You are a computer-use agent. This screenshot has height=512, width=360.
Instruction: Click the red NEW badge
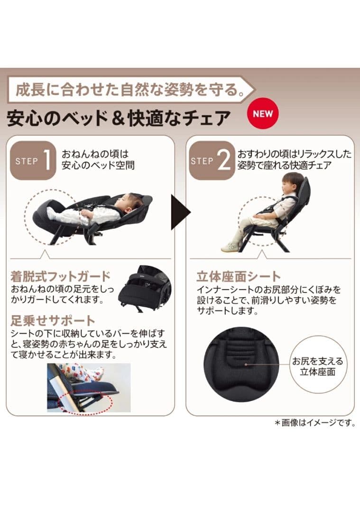coord(263,114)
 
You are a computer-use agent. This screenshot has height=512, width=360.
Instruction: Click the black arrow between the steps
coord(180,211)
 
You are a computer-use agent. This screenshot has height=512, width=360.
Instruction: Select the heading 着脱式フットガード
coord(60,276)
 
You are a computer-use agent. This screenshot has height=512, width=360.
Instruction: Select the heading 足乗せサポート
coord(53,320)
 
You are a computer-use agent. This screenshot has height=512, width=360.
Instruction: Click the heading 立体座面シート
coord(239,276)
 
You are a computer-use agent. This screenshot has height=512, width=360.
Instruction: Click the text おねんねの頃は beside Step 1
coord(95,154)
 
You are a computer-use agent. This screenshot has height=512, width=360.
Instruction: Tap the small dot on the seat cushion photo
coord(246,365)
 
